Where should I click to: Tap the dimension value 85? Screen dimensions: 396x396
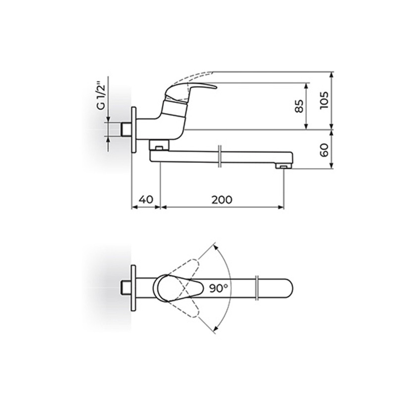(299, 106)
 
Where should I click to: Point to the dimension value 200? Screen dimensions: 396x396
(222, 200)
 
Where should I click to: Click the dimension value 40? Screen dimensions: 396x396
(146, 200)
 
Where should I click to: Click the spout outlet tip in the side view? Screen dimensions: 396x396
(283, 167)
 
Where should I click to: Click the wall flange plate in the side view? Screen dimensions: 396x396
(134, 130)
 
